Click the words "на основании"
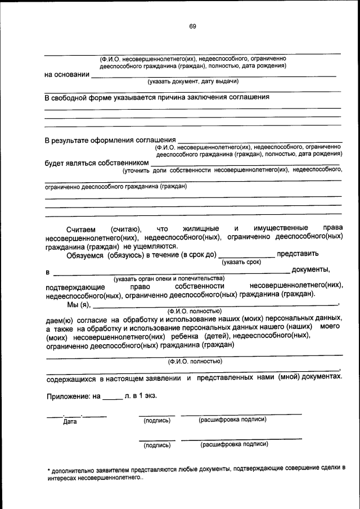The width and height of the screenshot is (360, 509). coord(67,74)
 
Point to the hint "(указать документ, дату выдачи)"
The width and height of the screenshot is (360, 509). coord(193,82)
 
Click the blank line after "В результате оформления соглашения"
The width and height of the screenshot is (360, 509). coord(259,139)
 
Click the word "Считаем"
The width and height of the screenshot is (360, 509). coord(81,229)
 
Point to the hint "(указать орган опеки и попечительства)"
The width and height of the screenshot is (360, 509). coord(169,278)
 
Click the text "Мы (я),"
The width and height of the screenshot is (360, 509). coord(79,305)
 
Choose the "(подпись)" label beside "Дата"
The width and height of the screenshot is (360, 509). coord(157,420)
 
